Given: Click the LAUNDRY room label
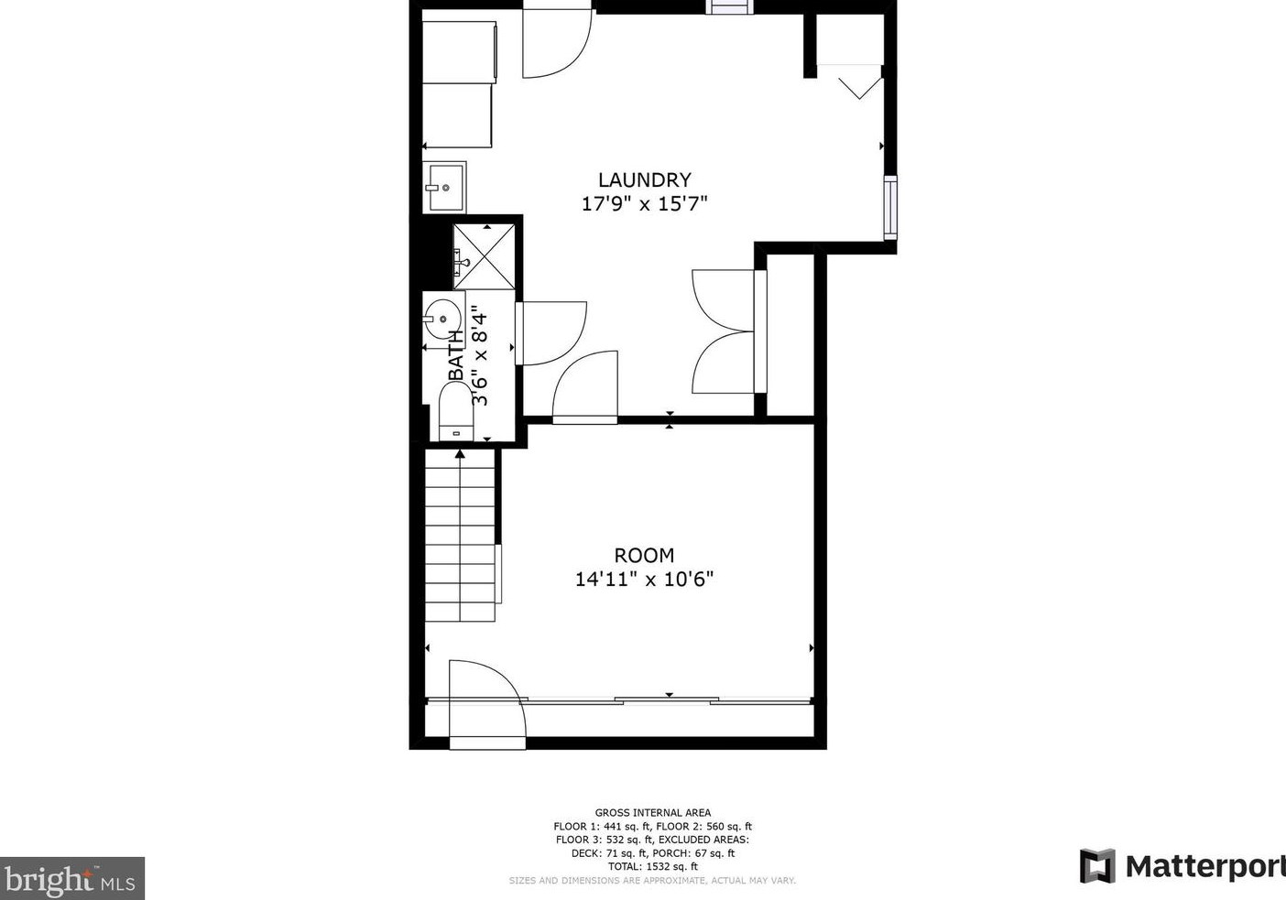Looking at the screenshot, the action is pyautogui.click(x=644, y=180).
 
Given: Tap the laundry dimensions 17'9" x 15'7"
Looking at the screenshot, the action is pyautogui.click(x=644, y=204).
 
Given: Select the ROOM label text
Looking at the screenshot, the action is pyautogui.click(x=644, y=555).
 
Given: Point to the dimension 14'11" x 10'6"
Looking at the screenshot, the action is pyautogui.click(x=644, y=580).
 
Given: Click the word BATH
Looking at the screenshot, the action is pyautogui.click(x=456, y=355).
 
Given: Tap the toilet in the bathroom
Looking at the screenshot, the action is pyautogui.click(x=455, y=411).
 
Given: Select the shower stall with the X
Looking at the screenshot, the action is pyautogui.click(x=484, y=256).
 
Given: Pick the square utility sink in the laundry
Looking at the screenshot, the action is pyautogui.click(x=444, y=187).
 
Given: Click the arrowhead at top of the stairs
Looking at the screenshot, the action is pyautogui.click(x=460, y=453).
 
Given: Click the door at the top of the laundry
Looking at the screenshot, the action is pyautogui.click(x=556, y=43).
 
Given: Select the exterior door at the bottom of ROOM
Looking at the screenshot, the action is pyautogui.click(x=487, y=704).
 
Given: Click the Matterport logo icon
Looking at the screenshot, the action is pyautogui.click(x=1097, y=865).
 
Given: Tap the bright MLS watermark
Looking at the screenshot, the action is pyautogui.click(x=71, y=878).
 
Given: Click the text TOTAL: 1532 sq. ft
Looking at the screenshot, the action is pyautogui.click(x=653, y=866).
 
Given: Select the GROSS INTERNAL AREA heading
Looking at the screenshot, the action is pyautogui.click(x=653, y=812).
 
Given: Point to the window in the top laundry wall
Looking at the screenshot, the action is pyautogui.click(x=729, y=6).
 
